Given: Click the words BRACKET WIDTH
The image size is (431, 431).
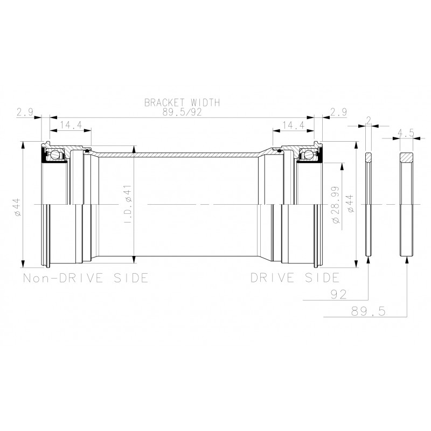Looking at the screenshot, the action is pyautogui.click(x=182, y=102).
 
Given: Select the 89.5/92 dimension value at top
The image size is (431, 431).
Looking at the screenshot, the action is pyautogui.click(x=182, y=112).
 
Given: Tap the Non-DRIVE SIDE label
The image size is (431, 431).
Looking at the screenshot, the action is pyautogui.click(x=86, y=278).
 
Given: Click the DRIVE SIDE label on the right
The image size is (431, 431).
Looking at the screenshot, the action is pyautogui.click(x=295, y=277).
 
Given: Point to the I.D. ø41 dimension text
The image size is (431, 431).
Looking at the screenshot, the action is pyautogui.click(x=129, y=204).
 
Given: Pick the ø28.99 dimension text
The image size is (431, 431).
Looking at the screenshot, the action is pyautogui.click(x=336, y=205).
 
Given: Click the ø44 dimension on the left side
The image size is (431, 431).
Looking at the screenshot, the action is pyautogui.click(x=17, y=207).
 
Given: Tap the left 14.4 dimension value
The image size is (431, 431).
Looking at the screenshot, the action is pyautogui.click(x=71, y=125).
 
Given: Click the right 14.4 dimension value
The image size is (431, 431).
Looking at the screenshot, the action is pyautogui.click(x=293, y=125).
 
